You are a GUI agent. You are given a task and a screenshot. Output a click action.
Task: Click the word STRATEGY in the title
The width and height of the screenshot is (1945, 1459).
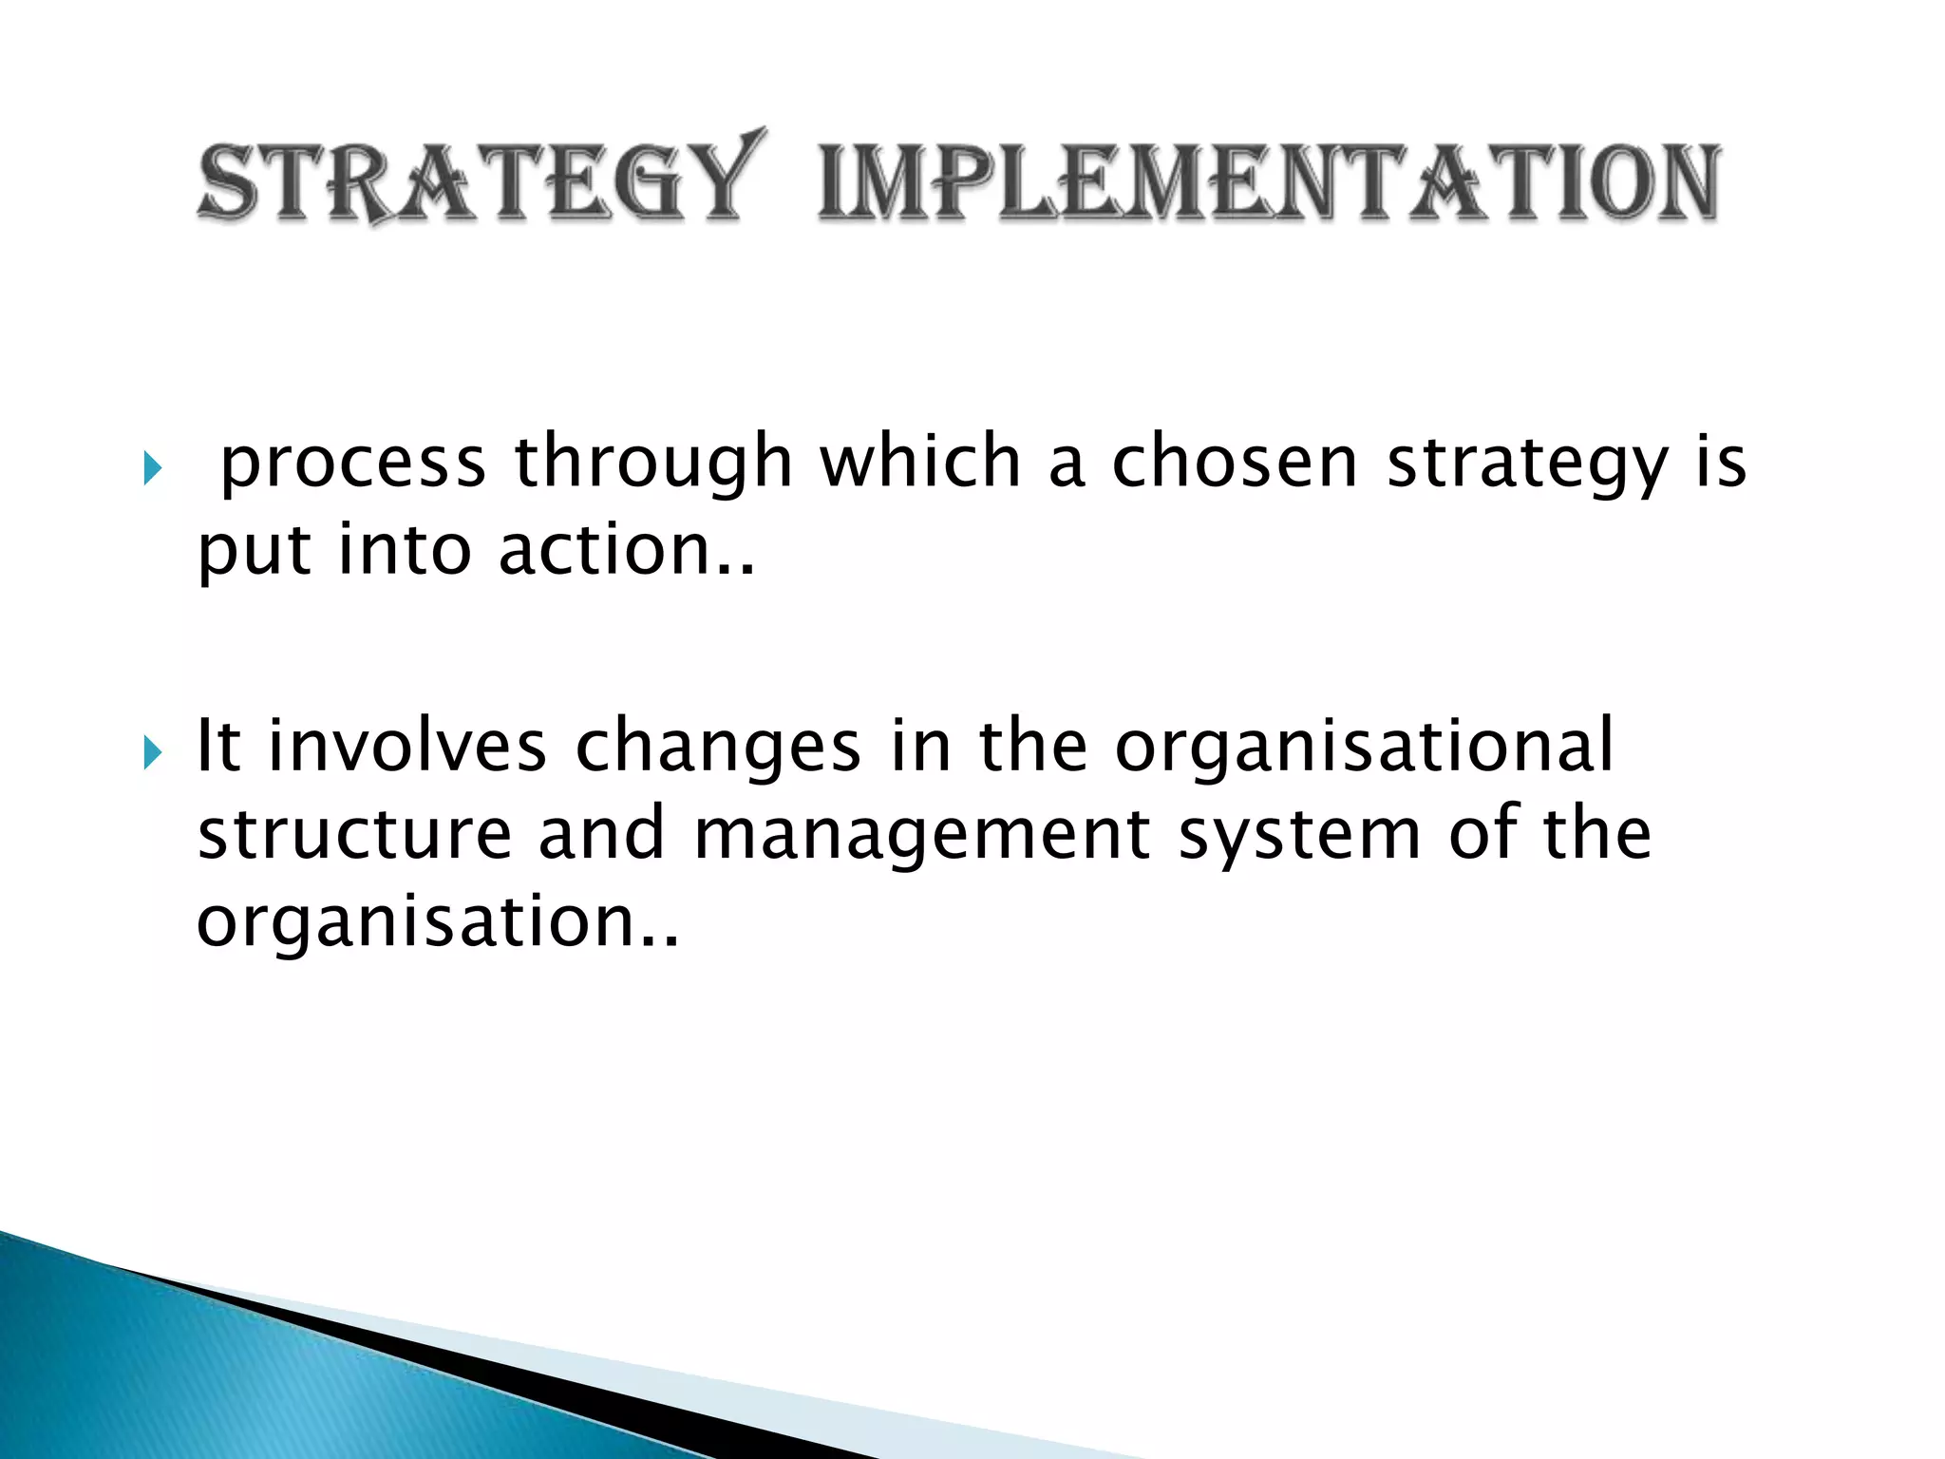480,180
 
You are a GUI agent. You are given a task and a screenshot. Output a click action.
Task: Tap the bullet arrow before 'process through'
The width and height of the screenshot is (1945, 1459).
152,467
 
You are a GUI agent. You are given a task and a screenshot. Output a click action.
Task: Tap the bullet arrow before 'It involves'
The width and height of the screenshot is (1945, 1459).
152,753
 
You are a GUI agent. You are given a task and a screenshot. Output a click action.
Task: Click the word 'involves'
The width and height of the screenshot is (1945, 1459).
407,746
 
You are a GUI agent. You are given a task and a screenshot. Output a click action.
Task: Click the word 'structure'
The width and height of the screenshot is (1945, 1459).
354,834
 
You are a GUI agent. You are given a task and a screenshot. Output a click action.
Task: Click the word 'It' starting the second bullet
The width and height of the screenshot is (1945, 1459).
217,746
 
